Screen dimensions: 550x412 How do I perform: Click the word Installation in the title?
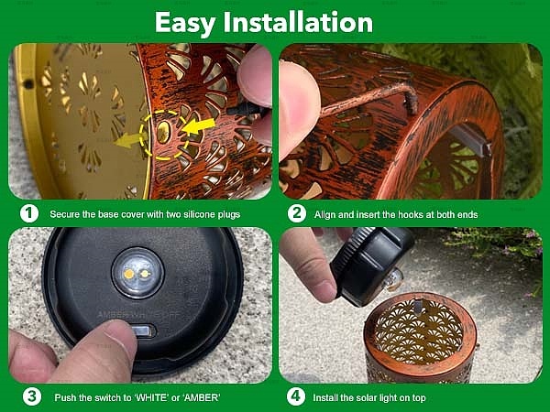(298, 22)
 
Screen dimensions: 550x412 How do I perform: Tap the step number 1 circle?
(29, 213)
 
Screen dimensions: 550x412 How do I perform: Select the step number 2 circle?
(297, 213)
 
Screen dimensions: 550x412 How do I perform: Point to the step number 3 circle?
(32, 396)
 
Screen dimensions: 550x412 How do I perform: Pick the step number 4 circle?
(296, 396)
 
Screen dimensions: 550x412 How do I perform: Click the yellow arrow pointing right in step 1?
(199, 126)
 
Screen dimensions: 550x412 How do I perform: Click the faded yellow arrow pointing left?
(126, 140)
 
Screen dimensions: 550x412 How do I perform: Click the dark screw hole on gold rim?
(28, 83)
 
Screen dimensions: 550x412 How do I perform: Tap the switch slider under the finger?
(145, 331)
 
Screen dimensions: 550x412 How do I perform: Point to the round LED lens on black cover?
(137, 273)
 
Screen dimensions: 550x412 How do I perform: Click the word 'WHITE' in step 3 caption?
(152, 397)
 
